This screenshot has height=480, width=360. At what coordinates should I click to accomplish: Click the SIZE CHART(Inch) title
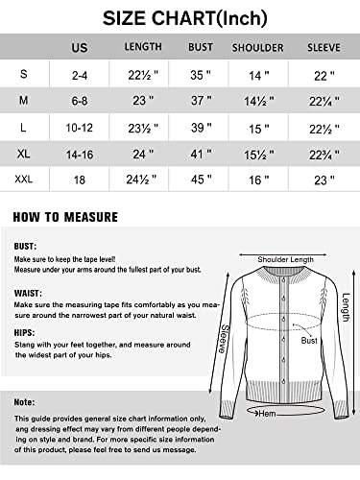tap(179, 17)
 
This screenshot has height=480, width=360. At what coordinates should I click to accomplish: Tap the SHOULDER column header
tap(257, 47)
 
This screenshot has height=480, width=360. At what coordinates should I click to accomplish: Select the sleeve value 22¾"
tap(323, 153)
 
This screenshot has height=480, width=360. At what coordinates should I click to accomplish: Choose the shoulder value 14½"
tap(257, 100)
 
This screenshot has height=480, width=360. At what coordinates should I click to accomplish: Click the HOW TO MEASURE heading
tap(65, 217)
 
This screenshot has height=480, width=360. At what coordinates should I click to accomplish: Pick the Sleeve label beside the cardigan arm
tap(225, 339)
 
